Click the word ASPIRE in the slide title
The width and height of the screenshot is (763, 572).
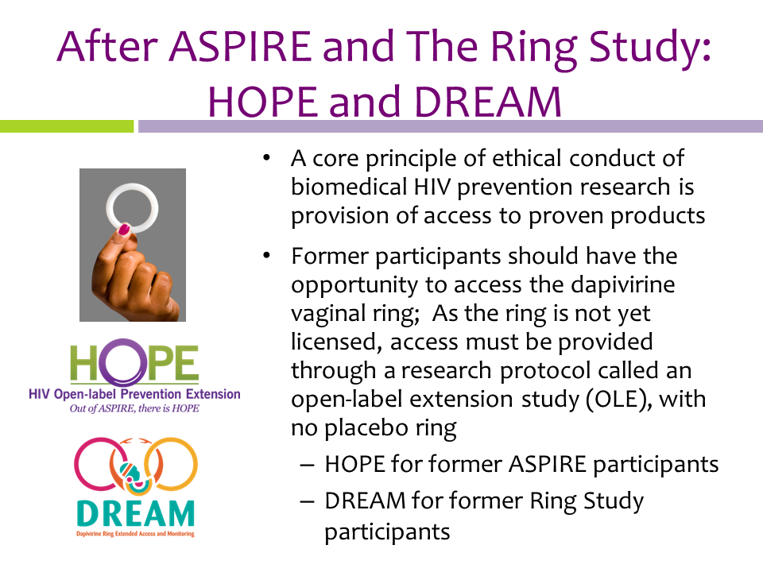click(240, 46)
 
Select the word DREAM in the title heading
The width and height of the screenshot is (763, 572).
click(488, 102)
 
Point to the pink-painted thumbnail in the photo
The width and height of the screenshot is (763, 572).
click(124, 229)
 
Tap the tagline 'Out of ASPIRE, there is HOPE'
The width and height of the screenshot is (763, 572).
click(134, 408)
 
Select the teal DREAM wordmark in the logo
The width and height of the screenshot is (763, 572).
click(135, 513)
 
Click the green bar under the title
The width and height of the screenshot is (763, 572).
click(67, 126)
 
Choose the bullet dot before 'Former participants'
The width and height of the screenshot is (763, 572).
click(266, 255)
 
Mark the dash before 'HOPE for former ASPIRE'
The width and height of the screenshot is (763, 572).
click(307, 465)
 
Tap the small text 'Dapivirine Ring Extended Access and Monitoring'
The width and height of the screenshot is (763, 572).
click(135, 534)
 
